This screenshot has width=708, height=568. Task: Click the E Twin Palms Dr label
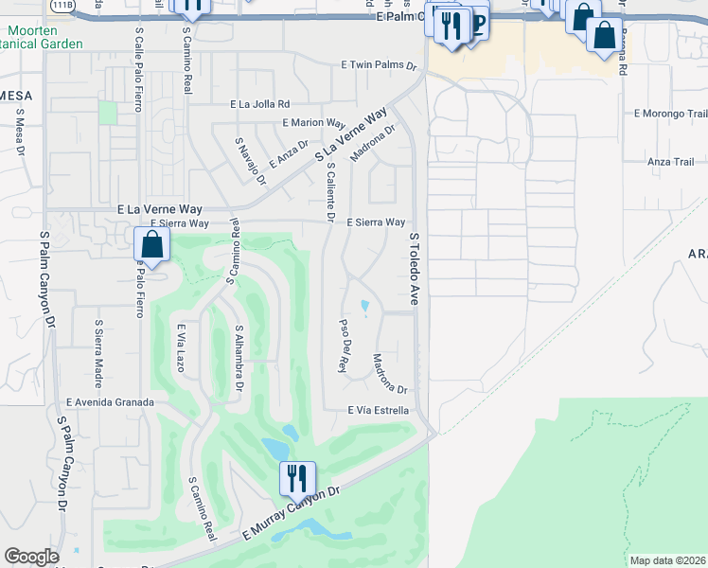click(379, 66)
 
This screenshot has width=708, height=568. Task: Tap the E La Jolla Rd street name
click(259, 104)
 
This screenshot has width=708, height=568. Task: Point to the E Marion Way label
click(313, 123)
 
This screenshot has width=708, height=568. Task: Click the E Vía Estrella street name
click(378, 411)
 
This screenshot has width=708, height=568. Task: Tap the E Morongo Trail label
click(669, 114)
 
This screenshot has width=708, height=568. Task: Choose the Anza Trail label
click(671, 162)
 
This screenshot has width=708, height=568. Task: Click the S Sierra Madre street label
click(98, 352)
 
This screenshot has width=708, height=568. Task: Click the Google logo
click(30, 558)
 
